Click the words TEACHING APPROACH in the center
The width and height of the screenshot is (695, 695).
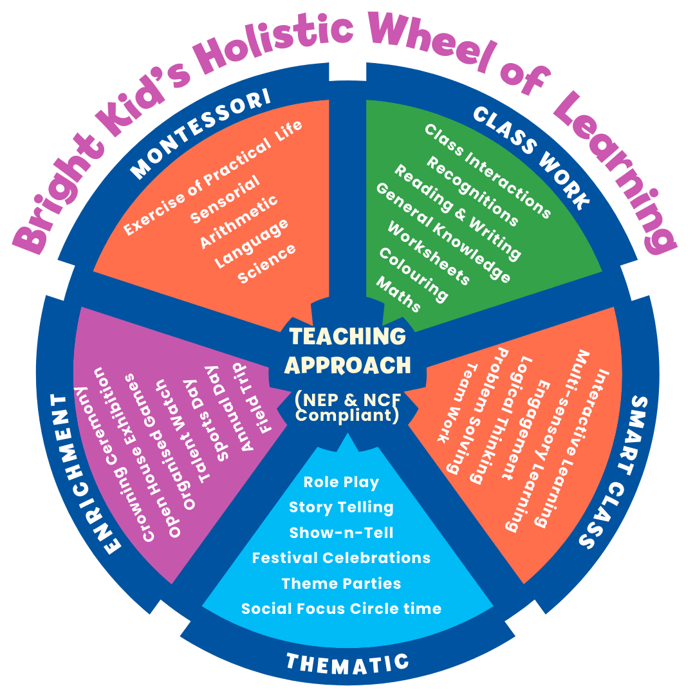tap(347, 351)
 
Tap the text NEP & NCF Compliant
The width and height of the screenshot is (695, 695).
tap(347, 408)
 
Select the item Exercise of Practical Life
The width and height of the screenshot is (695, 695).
tap(213, 177)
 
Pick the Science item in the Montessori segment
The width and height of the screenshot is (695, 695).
tap(266, 263)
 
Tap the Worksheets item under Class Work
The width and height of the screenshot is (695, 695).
tap(428, 252)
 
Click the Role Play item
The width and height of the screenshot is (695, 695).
tap(341, 482)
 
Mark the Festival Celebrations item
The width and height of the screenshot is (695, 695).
tap(341, 557)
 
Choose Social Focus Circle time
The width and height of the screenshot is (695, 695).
tap(341, 608)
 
